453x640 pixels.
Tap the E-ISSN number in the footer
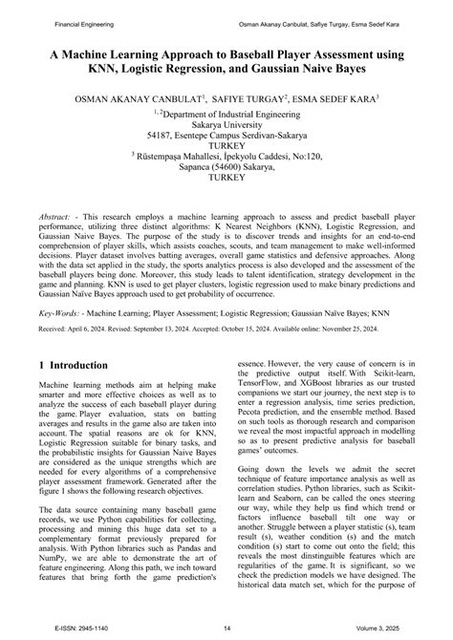click(x=64, y=629)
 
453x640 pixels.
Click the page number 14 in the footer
click(x=226, y=629)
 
